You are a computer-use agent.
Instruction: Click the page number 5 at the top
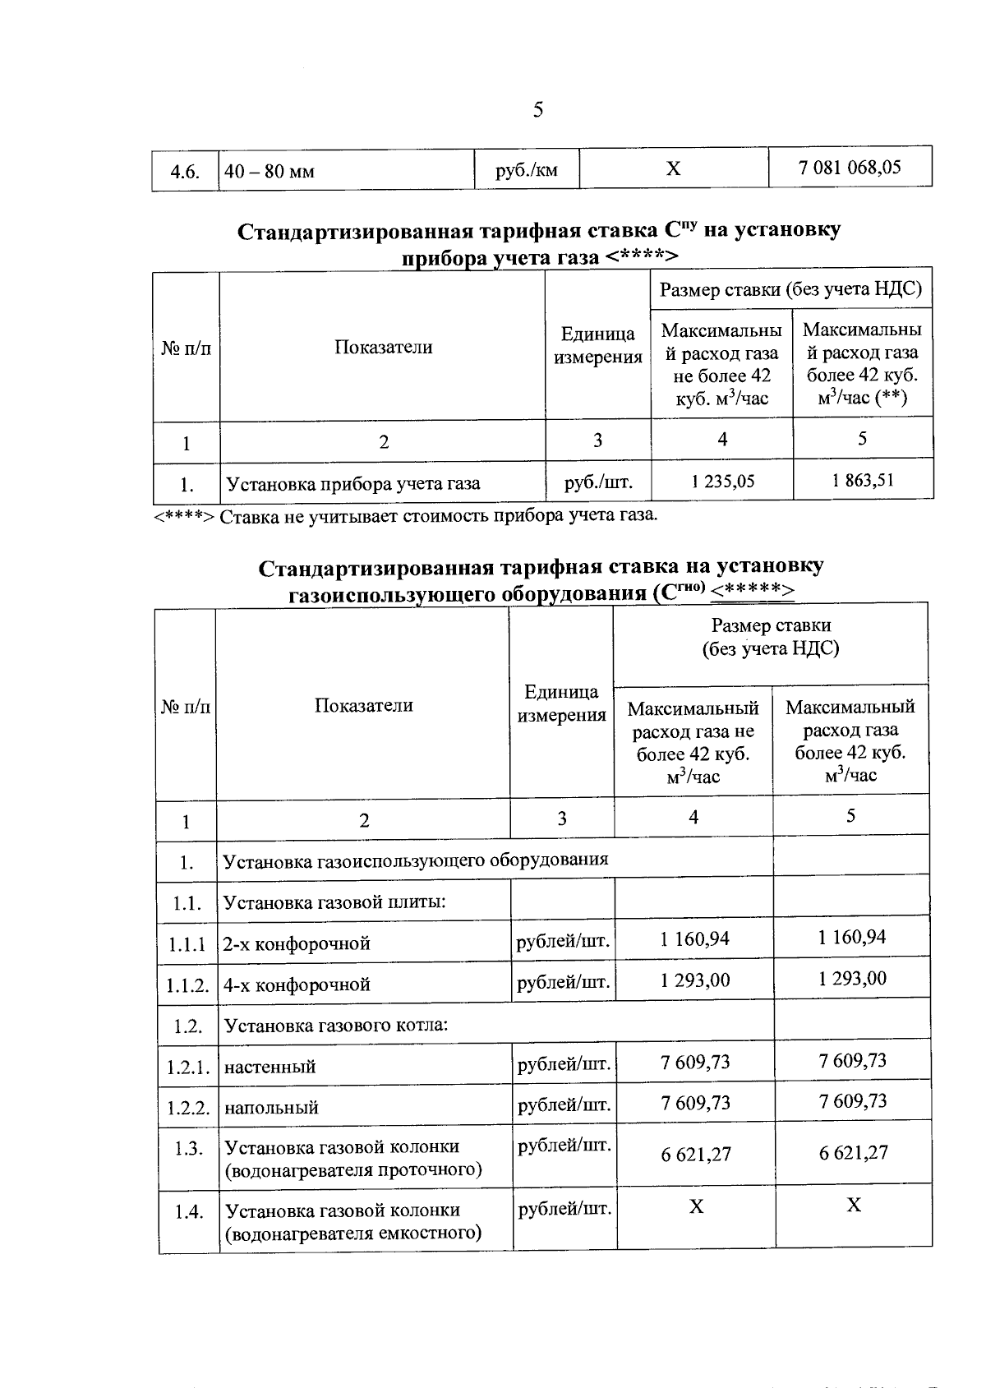[x=538, y=109]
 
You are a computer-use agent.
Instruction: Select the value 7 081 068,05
[x=850, y=168]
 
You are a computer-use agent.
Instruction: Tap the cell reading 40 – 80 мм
[x=270, y=172]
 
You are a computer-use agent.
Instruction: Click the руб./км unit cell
[x=526, y=170]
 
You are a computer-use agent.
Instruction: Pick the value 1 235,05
[x=722, y=481]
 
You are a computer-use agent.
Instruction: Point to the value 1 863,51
[x=863, y=480]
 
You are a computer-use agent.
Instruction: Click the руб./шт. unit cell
[x=598, y=482]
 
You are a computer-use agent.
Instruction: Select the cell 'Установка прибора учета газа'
[x=353, y=483]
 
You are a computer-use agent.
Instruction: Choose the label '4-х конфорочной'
[x=297, y=985]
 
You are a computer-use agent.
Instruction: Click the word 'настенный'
[x=270, y=1067]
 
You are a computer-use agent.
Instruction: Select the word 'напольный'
[x=271, y=1107]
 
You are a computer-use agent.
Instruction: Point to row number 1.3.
[x=188, y=1148]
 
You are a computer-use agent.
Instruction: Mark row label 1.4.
[x=188, y=1211]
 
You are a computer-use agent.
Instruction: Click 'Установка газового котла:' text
[x=335, y=1025]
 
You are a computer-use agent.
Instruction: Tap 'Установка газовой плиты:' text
[x=334, y=902]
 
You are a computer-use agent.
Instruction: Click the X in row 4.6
[x=673, y=168]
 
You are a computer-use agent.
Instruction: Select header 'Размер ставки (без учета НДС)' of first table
[x=791, y=289]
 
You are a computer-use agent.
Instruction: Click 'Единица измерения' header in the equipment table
[x=561, y=703]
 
